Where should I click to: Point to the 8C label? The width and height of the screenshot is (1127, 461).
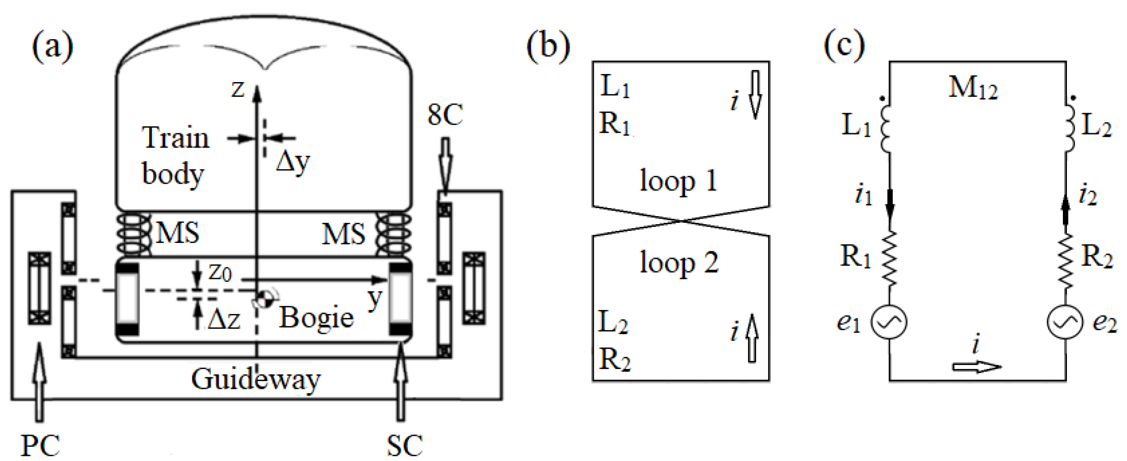coord(445,115)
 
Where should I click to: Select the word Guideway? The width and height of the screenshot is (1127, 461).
coord(256,379)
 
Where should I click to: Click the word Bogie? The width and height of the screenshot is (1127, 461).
coord(316,318)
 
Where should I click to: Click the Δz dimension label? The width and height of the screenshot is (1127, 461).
coord(224,320)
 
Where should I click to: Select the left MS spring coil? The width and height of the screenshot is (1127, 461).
coord(133,234)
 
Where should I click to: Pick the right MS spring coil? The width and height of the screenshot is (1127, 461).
coord(393,234)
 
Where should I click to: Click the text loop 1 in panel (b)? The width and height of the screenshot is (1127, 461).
coord(678,181)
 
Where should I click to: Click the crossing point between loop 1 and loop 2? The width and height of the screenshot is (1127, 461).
coord(681,221)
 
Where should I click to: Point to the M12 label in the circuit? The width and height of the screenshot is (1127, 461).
coord(973,87)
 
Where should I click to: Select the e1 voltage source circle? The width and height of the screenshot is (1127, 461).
coord(889,322)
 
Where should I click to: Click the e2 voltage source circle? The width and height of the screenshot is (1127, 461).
coord(1065,322)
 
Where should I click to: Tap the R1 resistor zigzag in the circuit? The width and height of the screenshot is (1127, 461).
coord(890,259)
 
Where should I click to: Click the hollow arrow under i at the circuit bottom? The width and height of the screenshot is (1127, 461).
coord(977,367)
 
